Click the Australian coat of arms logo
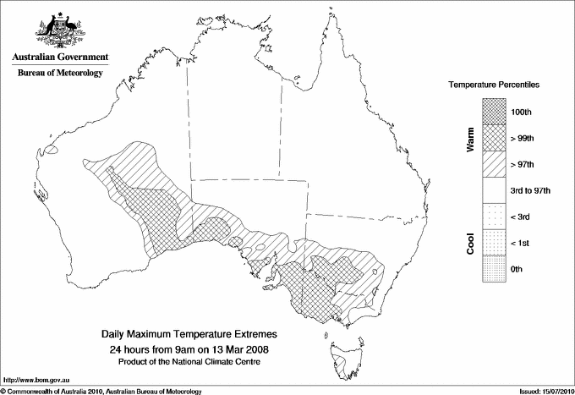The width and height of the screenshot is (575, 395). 59,30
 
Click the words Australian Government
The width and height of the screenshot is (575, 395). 60,58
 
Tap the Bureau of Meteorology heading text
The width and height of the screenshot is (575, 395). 60,74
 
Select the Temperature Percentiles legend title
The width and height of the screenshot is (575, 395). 495,85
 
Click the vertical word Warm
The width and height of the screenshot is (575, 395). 470,139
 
